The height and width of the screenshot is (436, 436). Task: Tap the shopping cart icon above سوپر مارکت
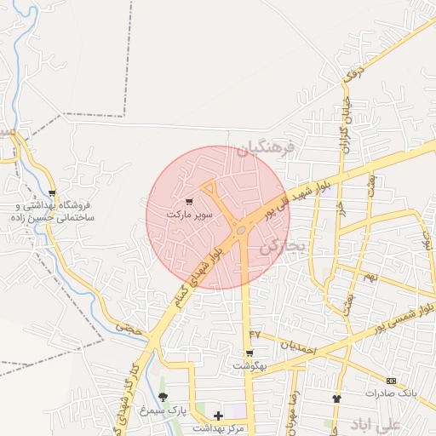click(188, 202)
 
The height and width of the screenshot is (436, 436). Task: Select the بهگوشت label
click(250, 366)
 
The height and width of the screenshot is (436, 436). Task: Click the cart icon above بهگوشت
click(250, 353)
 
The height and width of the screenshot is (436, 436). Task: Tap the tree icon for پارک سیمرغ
click(163, 397)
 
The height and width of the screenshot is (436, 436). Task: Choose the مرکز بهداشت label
click(218, 428)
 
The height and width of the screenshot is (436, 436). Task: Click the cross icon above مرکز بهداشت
click(219, 416)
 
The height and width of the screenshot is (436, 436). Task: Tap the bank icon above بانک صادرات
click(391, 381)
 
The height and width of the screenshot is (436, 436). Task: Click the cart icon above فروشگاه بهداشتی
click(52, 193)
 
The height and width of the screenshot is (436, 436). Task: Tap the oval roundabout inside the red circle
click(242, 229)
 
